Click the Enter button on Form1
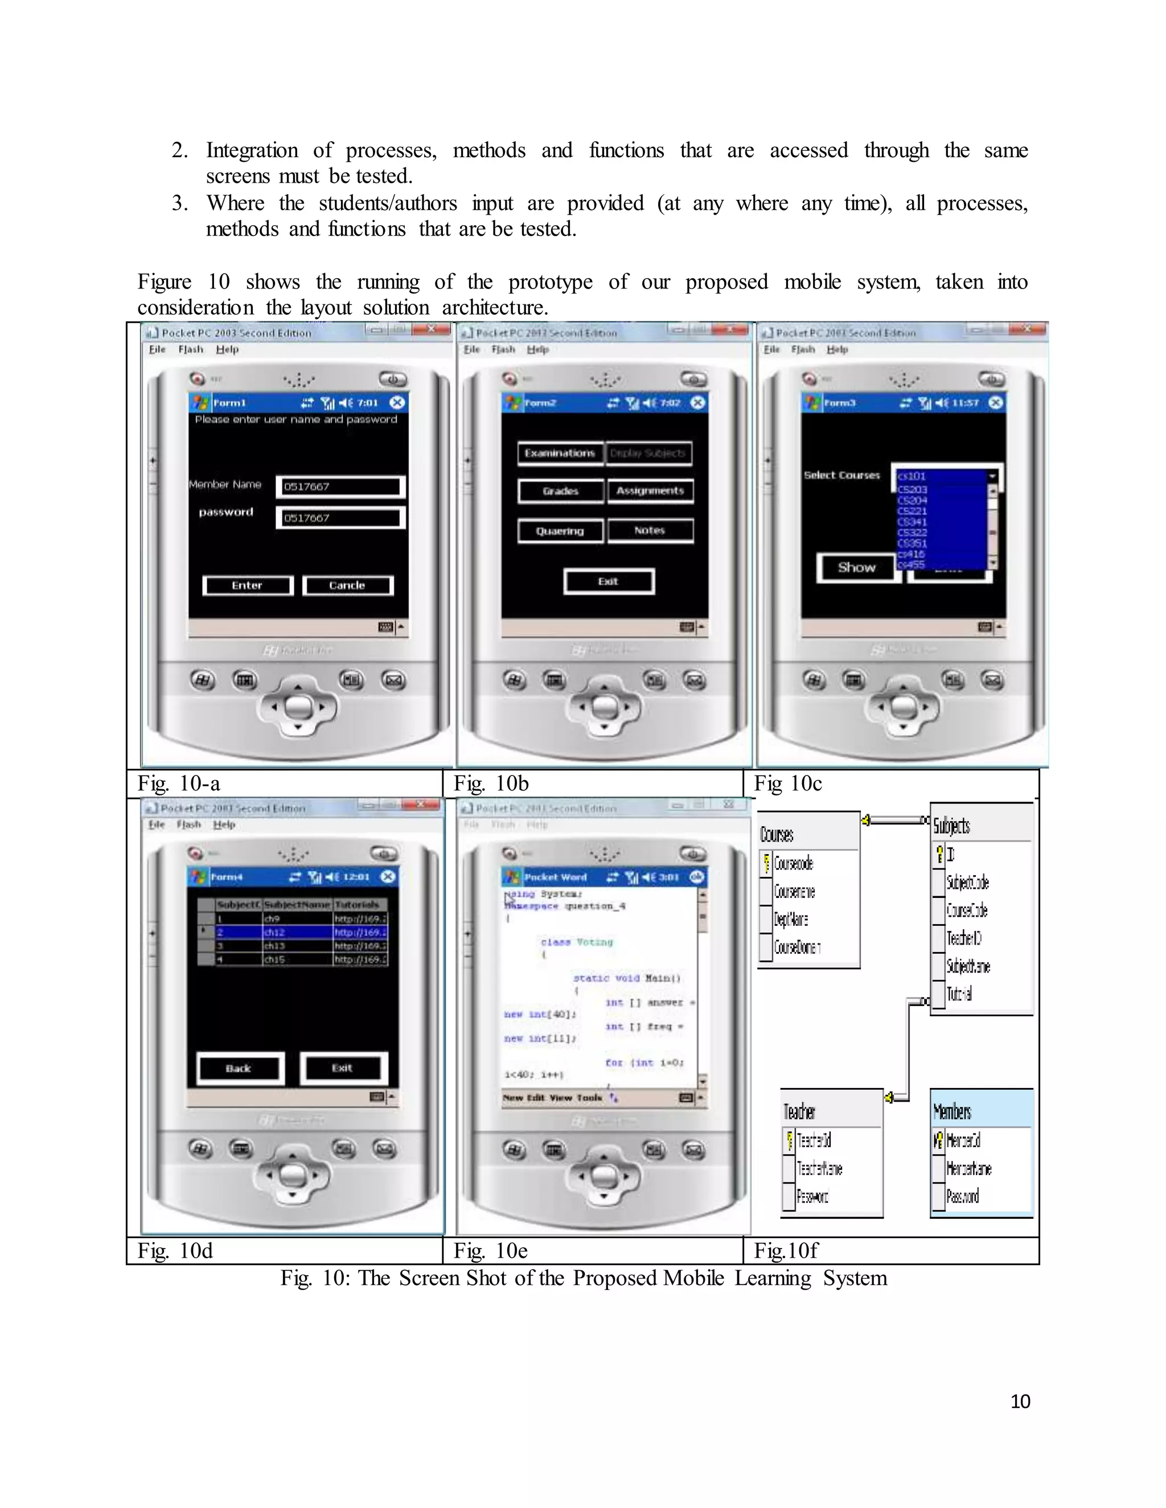[247, 586]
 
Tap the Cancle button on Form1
[347, 586]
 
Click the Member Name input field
[340, 487]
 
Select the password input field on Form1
[340, 518]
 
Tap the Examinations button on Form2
[560, 453]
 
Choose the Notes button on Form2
[650, 530]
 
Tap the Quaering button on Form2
[560, 531]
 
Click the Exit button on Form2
[608, 582]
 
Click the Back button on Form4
[239, 1068]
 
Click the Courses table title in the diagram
[777, 834]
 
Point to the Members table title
[952, 1111]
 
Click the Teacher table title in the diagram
[799, 1111]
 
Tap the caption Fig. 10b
[491, 783]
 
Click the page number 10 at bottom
[1020, 1401]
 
